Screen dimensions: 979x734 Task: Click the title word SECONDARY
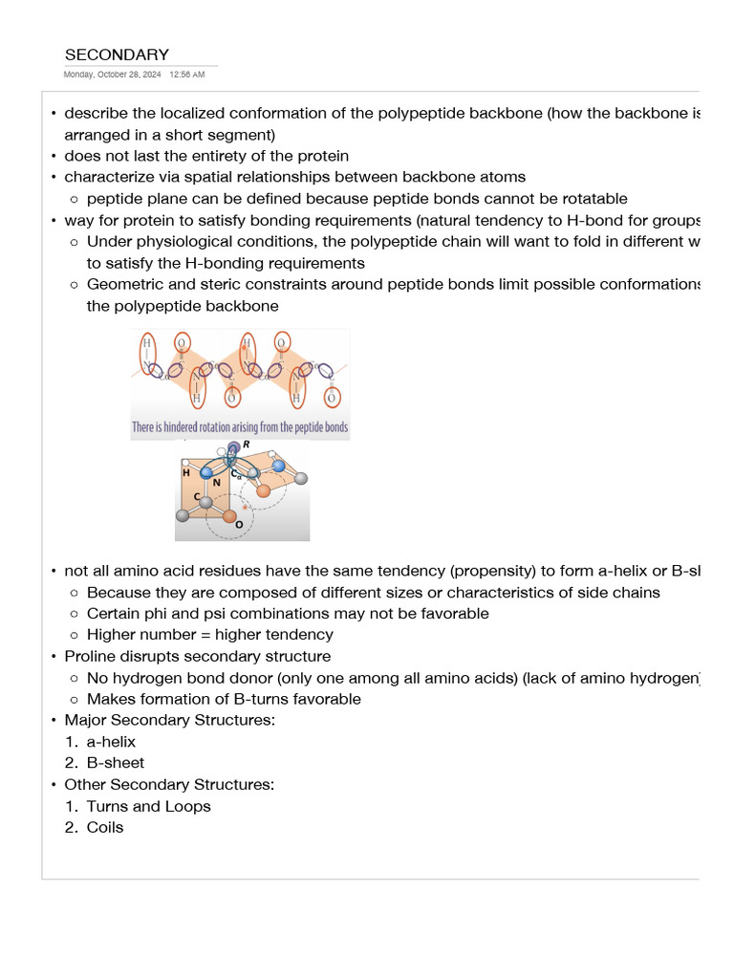pos(117,54)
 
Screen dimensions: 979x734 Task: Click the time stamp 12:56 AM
pos(187,75)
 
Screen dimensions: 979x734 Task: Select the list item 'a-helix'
pos(111,742)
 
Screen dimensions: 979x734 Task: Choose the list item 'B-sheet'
pos(115,763)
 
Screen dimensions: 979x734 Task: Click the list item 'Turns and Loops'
pos(148,806)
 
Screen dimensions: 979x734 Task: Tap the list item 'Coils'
pos(105,827)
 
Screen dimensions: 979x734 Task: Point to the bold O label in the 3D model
pos(239,524)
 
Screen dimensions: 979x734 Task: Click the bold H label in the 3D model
pos(186,472)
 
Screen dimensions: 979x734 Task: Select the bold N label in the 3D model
pos(216,482)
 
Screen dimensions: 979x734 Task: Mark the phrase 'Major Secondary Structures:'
pos(169,720)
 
